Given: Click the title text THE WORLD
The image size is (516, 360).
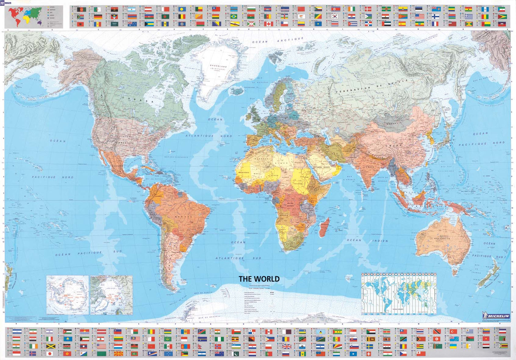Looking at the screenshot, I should (x=259, y=279).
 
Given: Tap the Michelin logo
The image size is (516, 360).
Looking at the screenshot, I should (x=496, y=316).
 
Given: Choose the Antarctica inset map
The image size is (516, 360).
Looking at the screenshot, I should (x=67, y=295).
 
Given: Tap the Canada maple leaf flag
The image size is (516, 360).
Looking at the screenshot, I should (x=269, y=24).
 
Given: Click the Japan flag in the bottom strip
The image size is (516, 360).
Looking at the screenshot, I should (x=50, y=353).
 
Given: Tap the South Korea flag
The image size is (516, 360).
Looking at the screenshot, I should (x=335, y=16).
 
